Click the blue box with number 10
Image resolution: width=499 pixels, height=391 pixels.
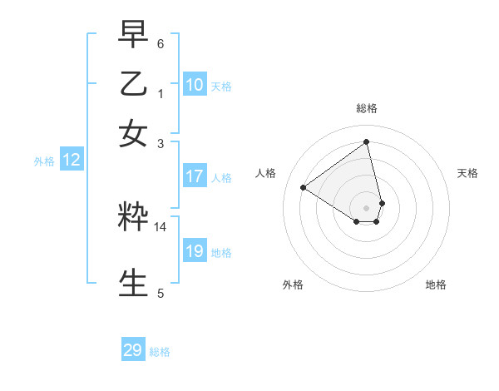pyautogui.click(x=195, y=85)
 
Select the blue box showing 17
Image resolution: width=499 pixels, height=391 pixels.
pyautogui.click(x=195, y=176)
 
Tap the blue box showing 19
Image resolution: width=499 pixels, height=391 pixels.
pyautogui.click(x=195, y=251)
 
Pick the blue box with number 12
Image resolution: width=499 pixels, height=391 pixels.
pyautogui.click(x=72, y=161)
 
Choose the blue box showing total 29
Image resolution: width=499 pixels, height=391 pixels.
pyautogui.click(x=133, y=350)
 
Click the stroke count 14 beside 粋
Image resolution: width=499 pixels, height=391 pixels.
pyautogui.click(x=161, y=226)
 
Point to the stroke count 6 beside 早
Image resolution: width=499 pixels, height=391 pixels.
pyautogui.click(x=161, y=42)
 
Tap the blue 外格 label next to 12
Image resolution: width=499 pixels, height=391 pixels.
pyautogui.click(x=44, y=161)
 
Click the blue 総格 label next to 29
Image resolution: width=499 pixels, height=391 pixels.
pyautogui.click(x=160, y=352)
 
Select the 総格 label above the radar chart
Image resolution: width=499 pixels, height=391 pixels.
pyautogui.click(x=367, y=108)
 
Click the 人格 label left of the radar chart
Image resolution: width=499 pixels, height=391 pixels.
pyautogui.click(x=266, y=173)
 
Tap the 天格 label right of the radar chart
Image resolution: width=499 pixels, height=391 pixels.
pyautogui.click(x=467, y=173)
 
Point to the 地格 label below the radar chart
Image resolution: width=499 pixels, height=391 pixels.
pyautogui.click(x=436, y=285)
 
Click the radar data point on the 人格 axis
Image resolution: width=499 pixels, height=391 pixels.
pyautogui.click(x=304, y=187)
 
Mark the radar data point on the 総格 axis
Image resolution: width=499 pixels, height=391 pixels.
pyautogui.click(x=367, y=141)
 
